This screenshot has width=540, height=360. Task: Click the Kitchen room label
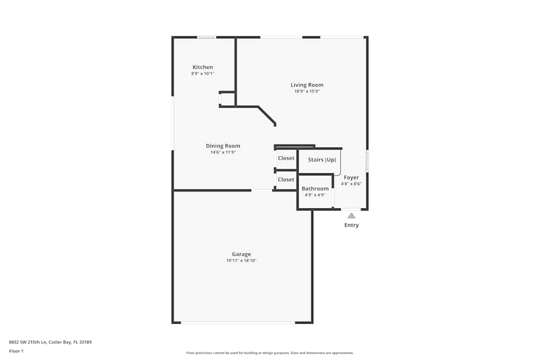[x=202, y=67]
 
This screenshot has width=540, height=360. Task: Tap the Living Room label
[x=307, y=85]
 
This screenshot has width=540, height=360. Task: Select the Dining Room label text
[x=223, y=146]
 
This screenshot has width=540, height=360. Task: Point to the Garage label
[x=241, y=254]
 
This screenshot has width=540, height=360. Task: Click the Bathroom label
[x=315, y=188]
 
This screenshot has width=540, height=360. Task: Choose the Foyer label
[x=352, y=178]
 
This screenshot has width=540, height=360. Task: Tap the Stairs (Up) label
[x=322, y=160]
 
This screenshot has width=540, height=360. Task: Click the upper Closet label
[x=286, y=158]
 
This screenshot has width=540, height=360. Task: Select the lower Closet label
[x=286, y=179]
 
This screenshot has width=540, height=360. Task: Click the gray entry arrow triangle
[x=352, y=216]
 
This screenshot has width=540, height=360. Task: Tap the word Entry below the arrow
[x=352, y=225]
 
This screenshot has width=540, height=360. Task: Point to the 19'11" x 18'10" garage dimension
[x=241, y=261]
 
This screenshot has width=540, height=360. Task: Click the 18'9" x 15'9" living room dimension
[x=307, y=91]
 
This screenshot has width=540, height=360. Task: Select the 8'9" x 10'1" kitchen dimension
[x=202, y=73]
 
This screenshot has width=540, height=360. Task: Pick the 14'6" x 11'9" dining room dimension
[x=223, y=152]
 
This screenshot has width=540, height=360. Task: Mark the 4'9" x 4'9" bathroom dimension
[x=315, y=195]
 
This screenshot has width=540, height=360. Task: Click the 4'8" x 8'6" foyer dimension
[x=352, y=184]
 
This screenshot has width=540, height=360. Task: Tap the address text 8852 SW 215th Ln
[x=28, y=342]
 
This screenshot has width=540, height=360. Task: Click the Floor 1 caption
[x=16, y=351]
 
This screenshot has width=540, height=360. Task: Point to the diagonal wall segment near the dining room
[x=267, y=116]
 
